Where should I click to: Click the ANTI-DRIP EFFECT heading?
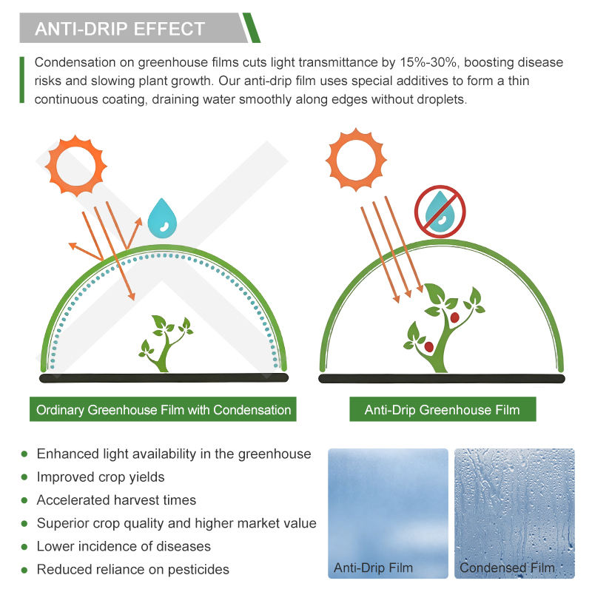(120, 29)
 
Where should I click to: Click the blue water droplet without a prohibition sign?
(162, 219)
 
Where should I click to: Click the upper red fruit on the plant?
(454, 317)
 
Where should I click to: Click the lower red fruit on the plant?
(429, 346)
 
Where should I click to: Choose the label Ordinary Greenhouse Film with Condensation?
(163, 410)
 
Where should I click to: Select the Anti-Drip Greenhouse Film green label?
(443, 410)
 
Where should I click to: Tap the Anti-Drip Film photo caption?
(373, 568)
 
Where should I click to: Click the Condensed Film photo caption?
(507, 568)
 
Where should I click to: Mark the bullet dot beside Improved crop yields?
(24, 477)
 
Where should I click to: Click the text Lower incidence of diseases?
(124, 546)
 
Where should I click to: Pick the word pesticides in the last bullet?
(198, 569)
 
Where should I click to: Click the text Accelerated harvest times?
(116, 500)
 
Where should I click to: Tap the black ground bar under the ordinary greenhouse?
(164, 377)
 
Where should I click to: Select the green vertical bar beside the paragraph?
(22, 80)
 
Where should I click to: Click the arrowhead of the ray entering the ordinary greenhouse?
(132, 296)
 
